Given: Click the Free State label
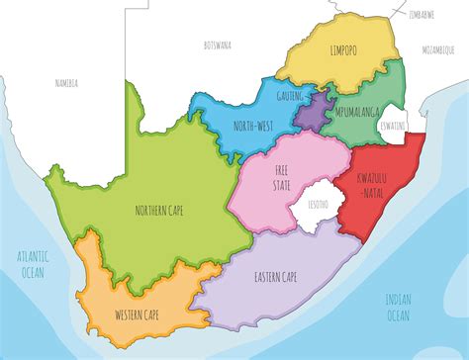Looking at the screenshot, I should pyautogui.click(x=282, y=177).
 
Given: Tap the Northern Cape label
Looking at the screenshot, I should pyautogui.click(x=158, y=210).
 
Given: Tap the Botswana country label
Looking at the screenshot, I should pyautogui.click(x=217, y=45).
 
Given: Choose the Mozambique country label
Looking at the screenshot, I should pyautogui.click(x=436, y=47).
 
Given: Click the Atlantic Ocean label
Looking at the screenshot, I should pyautogui.click(x=33, y=262).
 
